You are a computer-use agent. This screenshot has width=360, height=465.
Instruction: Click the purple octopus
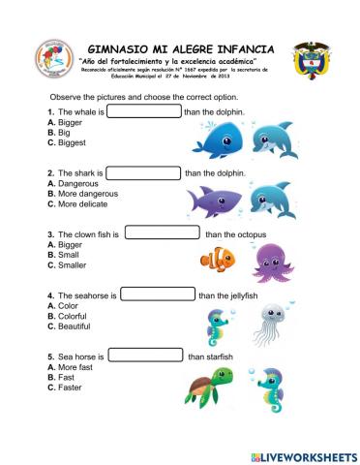coord(268,260)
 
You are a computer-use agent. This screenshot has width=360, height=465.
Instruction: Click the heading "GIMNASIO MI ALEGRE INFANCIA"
coord(180,47)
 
